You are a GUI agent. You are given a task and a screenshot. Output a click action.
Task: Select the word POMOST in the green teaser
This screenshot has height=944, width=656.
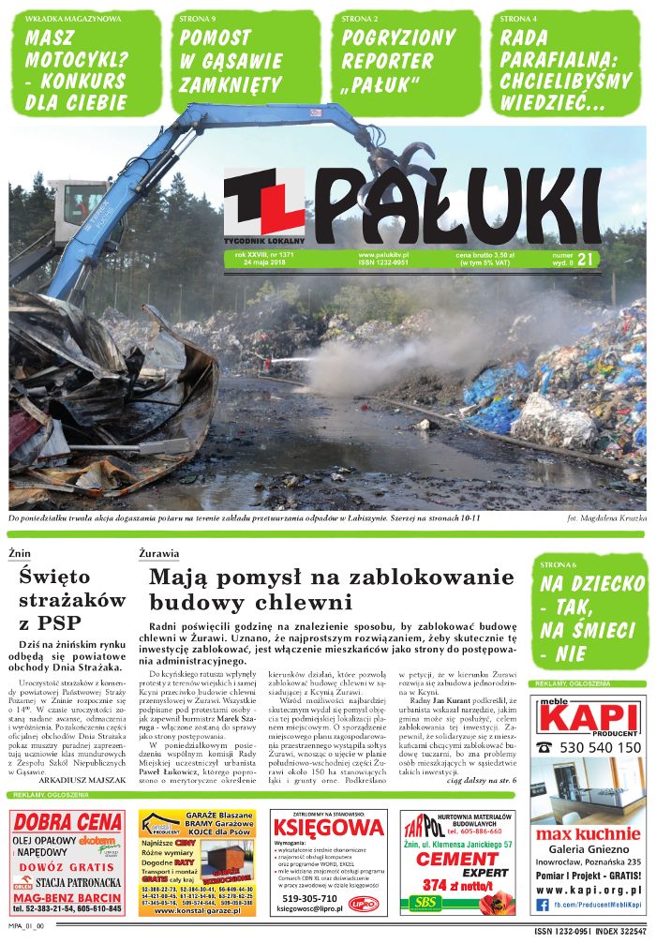tap(216, 37)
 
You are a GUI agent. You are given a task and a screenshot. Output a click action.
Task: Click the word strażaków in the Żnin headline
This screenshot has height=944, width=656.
tap(71, 598)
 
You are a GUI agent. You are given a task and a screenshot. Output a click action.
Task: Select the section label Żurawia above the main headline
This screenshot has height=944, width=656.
tap(158, 554)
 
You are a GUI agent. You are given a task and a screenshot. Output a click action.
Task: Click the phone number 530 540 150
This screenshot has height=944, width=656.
tap(601, 747)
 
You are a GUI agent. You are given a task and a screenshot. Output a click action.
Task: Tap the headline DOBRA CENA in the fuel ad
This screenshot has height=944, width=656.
tap(67, 821)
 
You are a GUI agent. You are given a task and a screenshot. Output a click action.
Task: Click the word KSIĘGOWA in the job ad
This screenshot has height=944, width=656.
tap(328, 828)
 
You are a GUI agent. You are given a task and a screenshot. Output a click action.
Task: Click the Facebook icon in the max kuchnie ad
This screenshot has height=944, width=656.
tap(544, 904)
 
